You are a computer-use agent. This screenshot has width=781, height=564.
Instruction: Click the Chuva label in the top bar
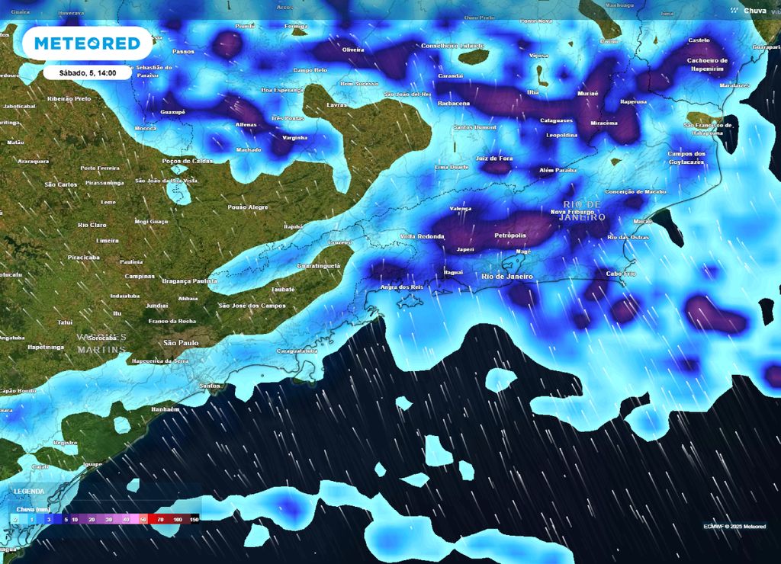(x=754, y=10)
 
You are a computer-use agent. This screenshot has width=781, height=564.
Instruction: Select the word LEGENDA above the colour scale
(x=29, y=492)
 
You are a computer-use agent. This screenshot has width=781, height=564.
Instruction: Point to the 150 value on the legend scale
(x=194, y=518)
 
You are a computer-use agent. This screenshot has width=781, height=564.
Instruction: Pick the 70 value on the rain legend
(x=160, y=518)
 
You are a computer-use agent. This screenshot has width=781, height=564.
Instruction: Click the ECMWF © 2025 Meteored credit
(x=734, y=526)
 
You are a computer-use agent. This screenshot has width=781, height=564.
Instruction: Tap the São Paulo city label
(x=180, y=343)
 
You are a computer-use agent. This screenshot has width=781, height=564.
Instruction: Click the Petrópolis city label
(x=510, y=236)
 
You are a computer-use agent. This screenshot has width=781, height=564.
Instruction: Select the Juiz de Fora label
(x=494, y=158)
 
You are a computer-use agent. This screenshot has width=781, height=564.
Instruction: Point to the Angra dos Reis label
(x=401, y=287)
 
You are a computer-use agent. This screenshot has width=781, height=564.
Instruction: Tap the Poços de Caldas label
(x=188, y=161)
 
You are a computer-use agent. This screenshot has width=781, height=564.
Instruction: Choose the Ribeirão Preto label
(x=69, y=99)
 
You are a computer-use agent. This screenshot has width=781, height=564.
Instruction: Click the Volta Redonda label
(x=422, y=236)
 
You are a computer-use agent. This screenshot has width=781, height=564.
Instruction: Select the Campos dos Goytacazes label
(x=686, y=158)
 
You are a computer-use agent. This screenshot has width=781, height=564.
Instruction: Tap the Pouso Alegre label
(x=248, y=207)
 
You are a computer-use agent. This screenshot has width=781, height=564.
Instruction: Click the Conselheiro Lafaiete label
(x=453, y=46)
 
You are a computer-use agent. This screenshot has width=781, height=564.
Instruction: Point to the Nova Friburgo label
(x=573, y=212)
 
